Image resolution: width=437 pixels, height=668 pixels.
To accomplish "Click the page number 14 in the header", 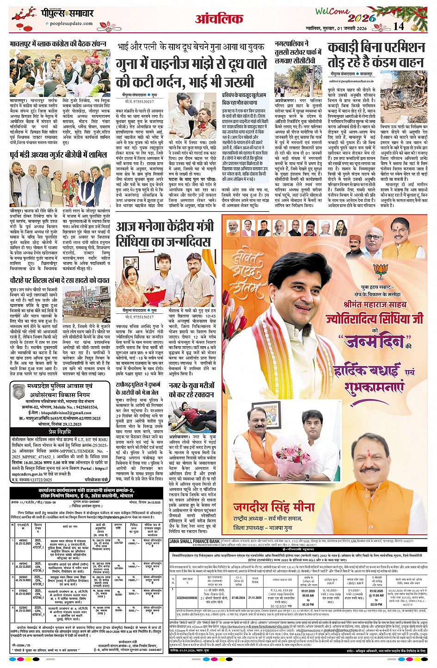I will pyautogui.click(x=398, y=26).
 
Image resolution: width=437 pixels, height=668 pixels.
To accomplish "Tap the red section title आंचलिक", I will pyautogui.click(x=219, y=19).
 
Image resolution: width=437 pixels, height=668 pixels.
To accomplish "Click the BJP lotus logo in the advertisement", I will pyautogui.click(x=381, y=271).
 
